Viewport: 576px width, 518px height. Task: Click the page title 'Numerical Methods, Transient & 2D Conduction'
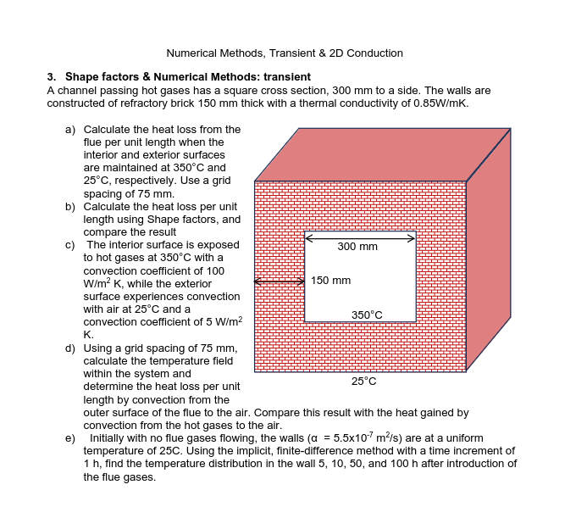[x=285, y=53]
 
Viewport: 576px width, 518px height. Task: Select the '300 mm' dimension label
[x=357, y=247]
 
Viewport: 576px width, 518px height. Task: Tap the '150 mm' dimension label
[x=330, y=280]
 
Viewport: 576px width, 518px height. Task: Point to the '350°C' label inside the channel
[x=366, y=315]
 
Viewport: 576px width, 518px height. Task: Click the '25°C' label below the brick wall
[x=364, y=382]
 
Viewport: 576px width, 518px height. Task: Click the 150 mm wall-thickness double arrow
[x=279, y=281]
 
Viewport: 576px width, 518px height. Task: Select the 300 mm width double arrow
[x=360, y=237]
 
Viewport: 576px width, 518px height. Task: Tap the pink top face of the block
[x=381, y=154]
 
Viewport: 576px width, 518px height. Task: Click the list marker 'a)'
[x=71, y=130]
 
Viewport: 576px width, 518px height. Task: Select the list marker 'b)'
[x=71, y=207]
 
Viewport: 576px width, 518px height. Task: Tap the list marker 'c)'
[x=71, y=245]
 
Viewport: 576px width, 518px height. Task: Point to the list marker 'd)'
[x=71, y=348]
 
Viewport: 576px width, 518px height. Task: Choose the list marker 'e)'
[x=71, y=438]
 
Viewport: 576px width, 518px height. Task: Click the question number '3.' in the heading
[x=52, y=77]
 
